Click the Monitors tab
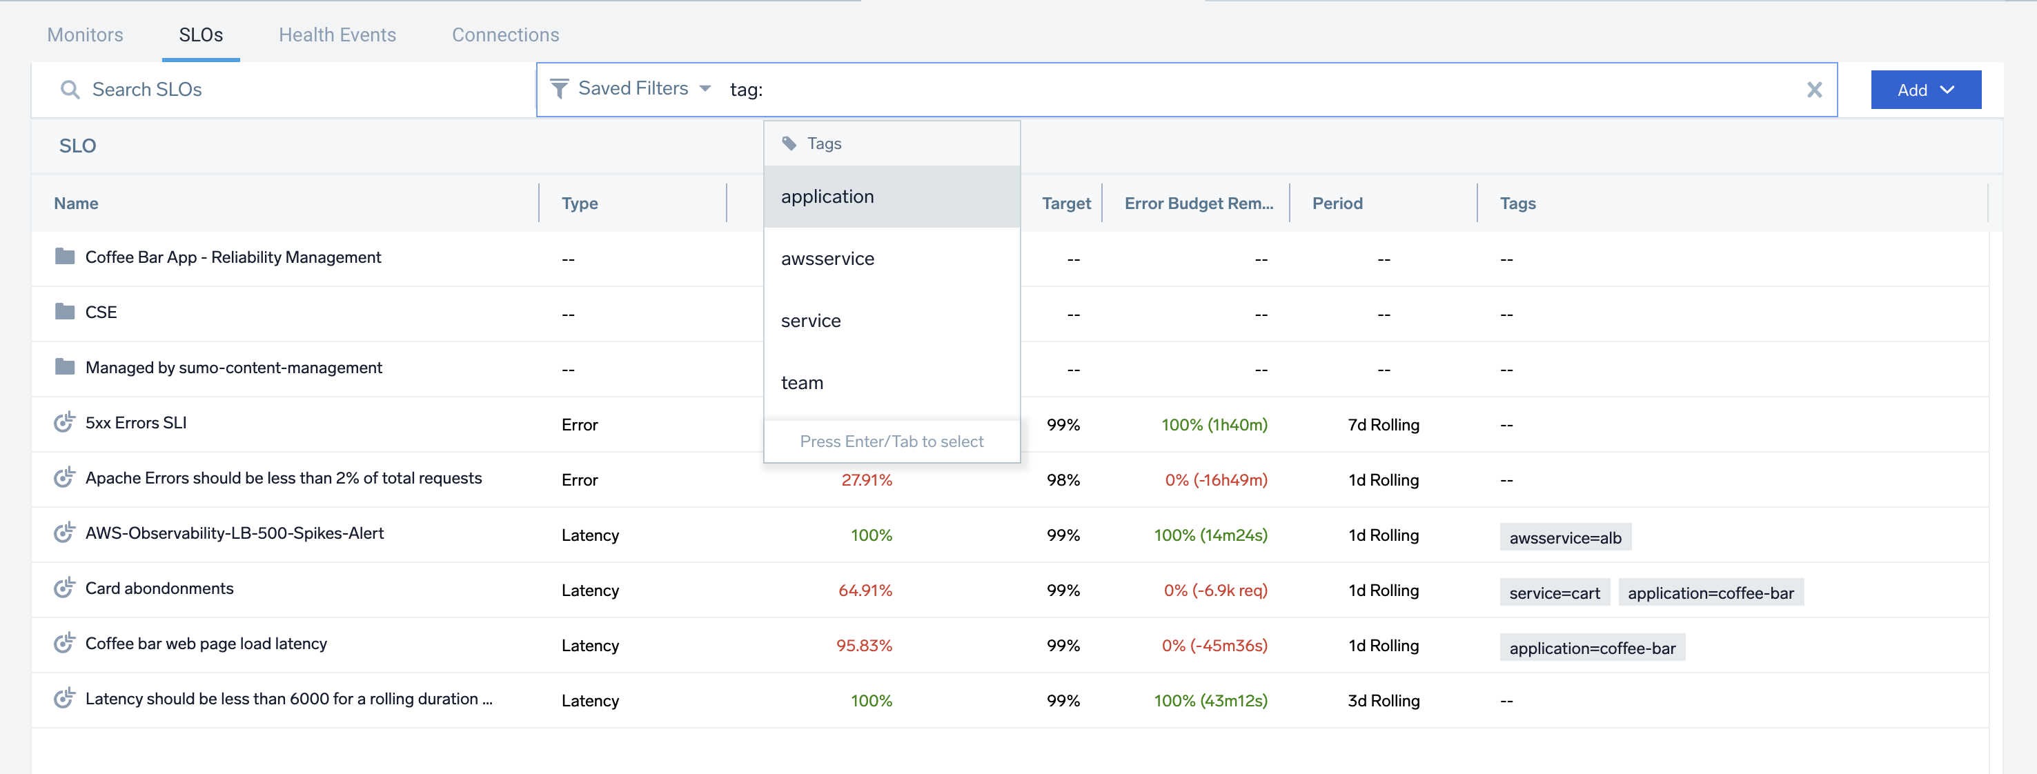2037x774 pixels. click(x=85, y=34)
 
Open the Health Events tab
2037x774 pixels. click(x=337, y=34)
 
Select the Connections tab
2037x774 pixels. click(x=505, y=34)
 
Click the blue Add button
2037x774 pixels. click(x=1925, y=90)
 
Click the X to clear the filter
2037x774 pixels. click(x=1814, y=90)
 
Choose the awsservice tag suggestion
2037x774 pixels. click(x=827, y=259)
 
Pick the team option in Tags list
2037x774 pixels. click(x=802, y=383)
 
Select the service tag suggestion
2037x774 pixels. click(x=811, y=321)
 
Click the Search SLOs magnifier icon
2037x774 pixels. click(x=70, y=90)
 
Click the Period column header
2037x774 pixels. click(x=1337, y=204)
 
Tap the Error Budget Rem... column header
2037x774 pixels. click(x=1198, y=204)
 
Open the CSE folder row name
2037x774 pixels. click(x=101, y=312)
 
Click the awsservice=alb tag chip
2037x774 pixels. click(x=1564, y=537)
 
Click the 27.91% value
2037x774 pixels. click(x=866, y=480)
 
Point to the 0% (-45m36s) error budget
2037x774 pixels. click(x=1214, y=646)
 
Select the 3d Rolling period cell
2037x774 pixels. click(x=1383, y=700)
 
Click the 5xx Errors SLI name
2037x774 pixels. click(x=136, y=423)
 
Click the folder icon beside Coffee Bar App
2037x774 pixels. click(x=65, y=256)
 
